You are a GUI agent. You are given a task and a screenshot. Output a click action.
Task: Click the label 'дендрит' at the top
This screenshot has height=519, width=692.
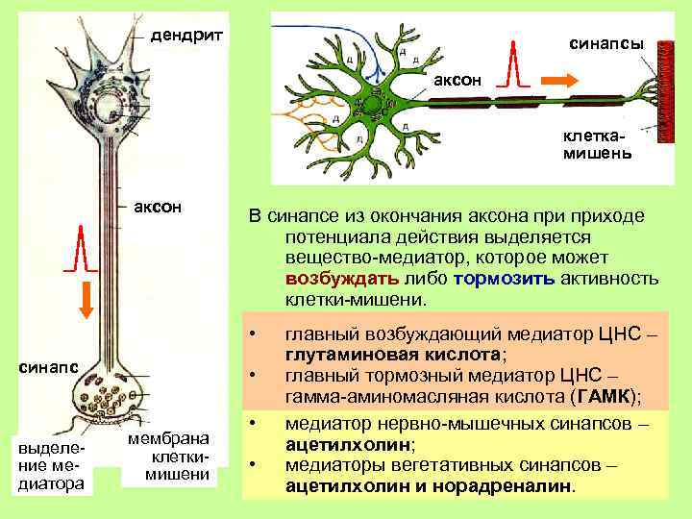tap(187, 36)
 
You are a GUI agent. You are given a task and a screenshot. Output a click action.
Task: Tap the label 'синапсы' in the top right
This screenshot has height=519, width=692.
tap(606, 44)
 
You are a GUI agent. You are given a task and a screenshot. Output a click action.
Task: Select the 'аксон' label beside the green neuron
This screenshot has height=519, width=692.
tap(455, 76)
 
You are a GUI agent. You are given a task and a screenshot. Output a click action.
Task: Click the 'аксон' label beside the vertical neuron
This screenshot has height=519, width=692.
tap(159, 209)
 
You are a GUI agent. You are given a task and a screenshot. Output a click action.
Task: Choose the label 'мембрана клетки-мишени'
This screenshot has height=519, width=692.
tap(169, 457)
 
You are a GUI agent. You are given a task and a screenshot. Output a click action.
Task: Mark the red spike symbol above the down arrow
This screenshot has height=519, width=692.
tap(83, 251)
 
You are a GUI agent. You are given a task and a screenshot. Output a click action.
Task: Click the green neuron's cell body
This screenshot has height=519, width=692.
tap(370, 103)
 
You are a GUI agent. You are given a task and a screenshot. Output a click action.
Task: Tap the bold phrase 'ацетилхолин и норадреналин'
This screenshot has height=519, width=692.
tap(429, 485)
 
